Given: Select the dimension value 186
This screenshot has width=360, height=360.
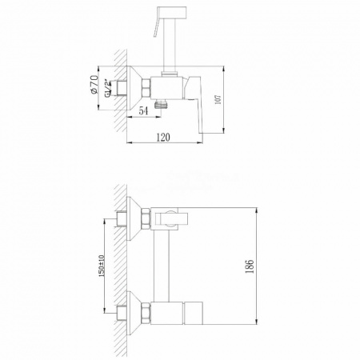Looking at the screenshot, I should (x=250, y=264).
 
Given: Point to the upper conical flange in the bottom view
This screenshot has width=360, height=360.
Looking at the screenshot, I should (x=138, y=217).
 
